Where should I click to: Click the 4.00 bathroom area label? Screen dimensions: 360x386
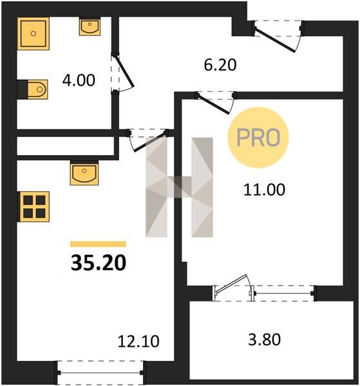(x=79, y=80)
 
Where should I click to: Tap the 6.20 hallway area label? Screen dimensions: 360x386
(x=220, y=65)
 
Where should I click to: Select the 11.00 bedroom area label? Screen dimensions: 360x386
(x=264, y=190)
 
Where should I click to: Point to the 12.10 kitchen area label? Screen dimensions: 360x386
(x=138, y=341)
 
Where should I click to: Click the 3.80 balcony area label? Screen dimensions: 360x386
(x=264, y=339)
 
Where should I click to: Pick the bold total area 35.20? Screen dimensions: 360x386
(x=99, y=262)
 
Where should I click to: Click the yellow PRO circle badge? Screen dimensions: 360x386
(x=258, y=138)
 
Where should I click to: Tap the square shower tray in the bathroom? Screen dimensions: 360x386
(x=33, y=33)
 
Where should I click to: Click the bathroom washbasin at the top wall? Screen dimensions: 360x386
(x=90, y=26)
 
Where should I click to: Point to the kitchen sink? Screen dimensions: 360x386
(x=84, y=173)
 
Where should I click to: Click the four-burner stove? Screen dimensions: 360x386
(x=33, y=207)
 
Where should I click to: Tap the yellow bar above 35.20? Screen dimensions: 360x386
(x=99, y=244)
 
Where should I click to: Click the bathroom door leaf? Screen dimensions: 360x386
(x=125, y=71)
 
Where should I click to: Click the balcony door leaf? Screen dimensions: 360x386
(x=231, y=284)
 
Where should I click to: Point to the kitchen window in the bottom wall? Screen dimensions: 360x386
(x=100, y=373)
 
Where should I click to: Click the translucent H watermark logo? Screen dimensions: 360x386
(x=179, y=187)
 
